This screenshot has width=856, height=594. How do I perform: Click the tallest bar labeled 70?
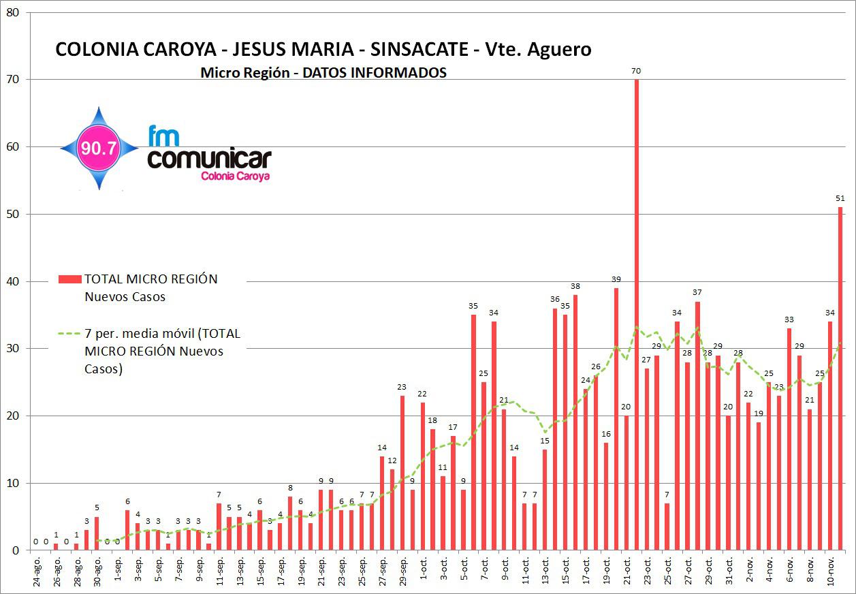tap(637, 313)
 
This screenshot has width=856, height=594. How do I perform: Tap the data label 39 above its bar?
tap(616, 279)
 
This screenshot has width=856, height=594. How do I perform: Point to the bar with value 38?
tap(575, 422)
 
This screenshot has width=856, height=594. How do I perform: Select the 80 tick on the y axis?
tap(13, 13)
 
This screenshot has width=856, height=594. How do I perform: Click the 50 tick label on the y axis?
tap(13, 215)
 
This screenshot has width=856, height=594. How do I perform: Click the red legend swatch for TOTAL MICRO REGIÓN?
tap(69, 279)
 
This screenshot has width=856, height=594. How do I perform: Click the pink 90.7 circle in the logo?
tap(99, 148)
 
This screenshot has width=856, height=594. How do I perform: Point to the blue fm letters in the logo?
tap(163, 136)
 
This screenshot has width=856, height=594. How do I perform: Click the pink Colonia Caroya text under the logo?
tap(235, 176)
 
